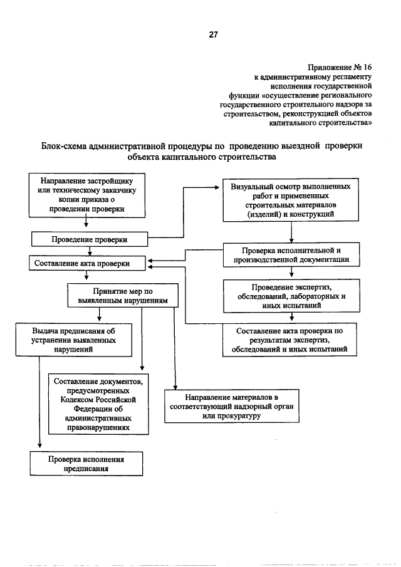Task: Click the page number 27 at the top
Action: coord(212,36)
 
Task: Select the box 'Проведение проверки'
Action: coord(89,239)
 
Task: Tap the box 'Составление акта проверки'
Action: coord(88,264)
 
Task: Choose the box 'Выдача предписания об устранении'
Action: coord(74,340)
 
